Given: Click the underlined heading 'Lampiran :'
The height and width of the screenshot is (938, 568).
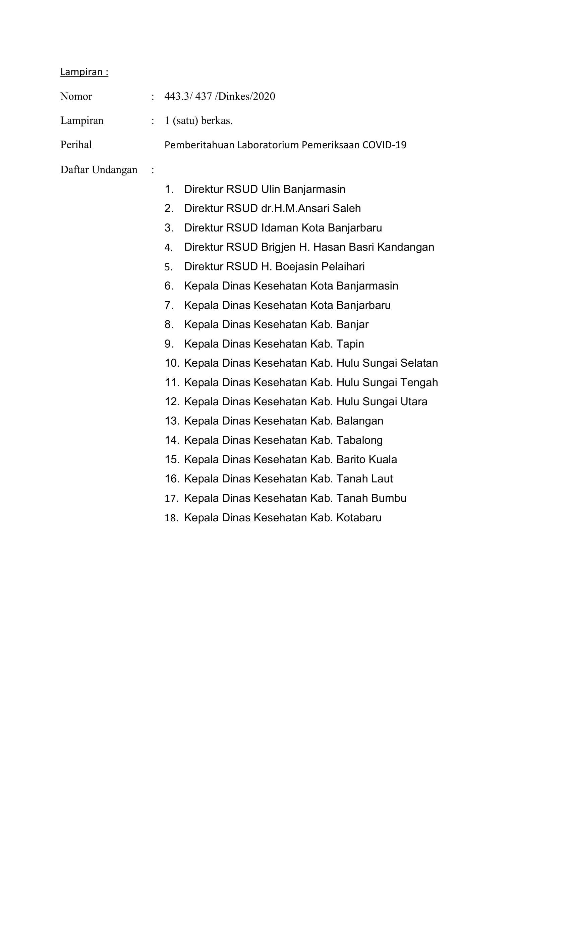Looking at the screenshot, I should (x=84, y=72).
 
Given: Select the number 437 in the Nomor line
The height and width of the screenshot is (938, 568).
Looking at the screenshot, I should (x=203, y=96).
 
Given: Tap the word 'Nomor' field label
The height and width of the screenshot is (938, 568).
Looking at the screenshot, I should (x=76, y=96).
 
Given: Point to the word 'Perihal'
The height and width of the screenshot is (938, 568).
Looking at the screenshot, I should (x=76, y=145).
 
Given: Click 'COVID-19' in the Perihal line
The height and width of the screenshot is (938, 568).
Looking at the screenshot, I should (x=384, y=145).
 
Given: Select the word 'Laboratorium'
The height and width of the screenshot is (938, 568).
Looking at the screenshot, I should (x=268, y=145).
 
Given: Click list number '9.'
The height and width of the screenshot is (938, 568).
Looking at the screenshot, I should (x=169, y=344).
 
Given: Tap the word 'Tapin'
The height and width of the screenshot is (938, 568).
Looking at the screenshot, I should (x=350, y=344).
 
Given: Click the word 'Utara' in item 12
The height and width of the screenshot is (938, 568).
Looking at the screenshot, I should (x=413, y=402).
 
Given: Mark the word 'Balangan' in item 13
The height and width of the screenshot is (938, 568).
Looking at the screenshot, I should (x=359, y=421).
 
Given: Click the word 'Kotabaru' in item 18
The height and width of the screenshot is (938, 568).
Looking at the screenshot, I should (x=359, y=518).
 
